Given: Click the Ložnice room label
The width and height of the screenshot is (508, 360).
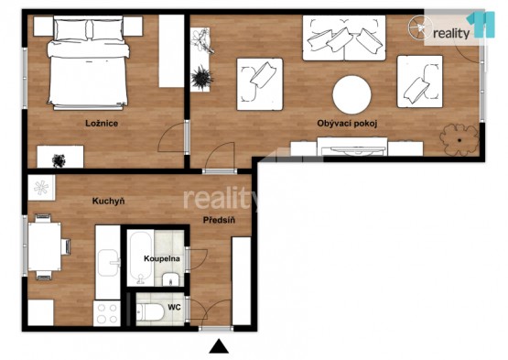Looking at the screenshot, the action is click(x=102, y=124).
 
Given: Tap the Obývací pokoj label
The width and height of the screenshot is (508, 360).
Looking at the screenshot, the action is click(x=347, y=124).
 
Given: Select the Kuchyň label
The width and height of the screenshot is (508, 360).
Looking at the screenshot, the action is click(x=108, y=202).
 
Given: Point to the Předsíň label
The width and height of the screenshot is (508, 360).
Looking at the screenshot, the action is click(x=219, y=220).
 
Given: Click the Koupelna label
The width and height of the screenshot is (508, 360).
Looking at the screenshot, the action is click(x=162, y=259).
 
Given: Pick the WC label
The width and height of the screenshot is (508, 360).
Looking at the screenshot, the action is click(x=174, y=307).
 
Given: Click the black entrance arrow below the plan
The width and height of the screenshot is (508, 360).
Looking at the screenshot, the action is click(x=219, y=346).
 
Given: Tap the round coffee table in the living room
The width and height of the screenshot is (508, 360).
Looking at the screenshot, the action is click(x=351, y=94).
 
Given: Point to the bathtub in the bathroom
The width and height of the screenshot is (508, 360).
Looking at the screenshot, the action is click(x=141, y=257).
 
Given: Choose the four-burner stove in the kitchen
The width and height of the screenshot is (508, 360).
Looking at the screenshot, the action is click(x=107, y=313).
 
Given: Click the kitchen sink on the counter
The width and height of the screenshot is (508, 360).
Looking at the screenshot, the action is click(x=109, y=263).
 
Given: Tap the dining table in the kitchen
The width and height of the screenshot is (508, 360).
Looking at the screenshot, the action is click(x=44, y=246).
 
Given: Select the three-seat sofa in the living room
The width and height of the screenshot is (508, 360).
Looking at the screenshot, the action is click(x=344, y=38).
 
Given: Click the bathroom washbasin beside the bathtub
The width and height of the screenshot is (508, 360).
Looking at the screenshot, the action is click(x=170, y=279).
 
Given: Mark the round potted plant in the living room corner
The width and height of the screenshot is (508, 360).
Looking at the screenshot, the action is click(x=459, y=140).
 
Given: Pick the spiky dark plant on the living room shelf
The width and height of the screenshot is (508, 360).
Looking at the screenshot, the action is click(x=201, y=78).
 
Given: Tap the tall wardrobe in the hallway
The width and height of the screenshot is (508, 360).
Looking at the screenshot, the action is click(x=242, y=281).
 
